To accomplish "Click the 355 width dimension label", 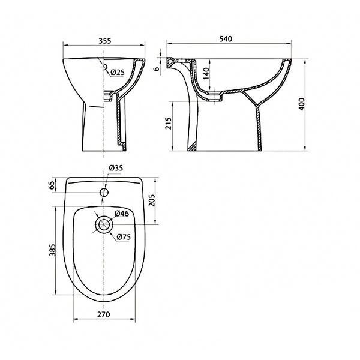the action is coord(104,41).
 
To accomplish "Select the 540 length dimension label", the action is coord(226,39).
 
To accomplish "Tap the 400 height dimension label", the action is coord(301,104).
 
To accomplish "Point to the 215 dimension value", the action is coord(169,123).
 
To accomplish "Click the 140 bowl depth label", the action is coord(206,73).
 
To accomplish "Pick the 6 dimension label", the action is coord(157,69).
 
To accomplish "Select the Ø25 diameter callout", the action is coord(118,73).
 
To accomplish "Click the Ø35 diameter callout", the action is coord(116,168).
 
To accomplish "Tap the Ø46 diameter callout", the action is coord(122,214).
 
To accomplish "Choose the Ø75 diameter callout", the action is coord(124,237).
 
